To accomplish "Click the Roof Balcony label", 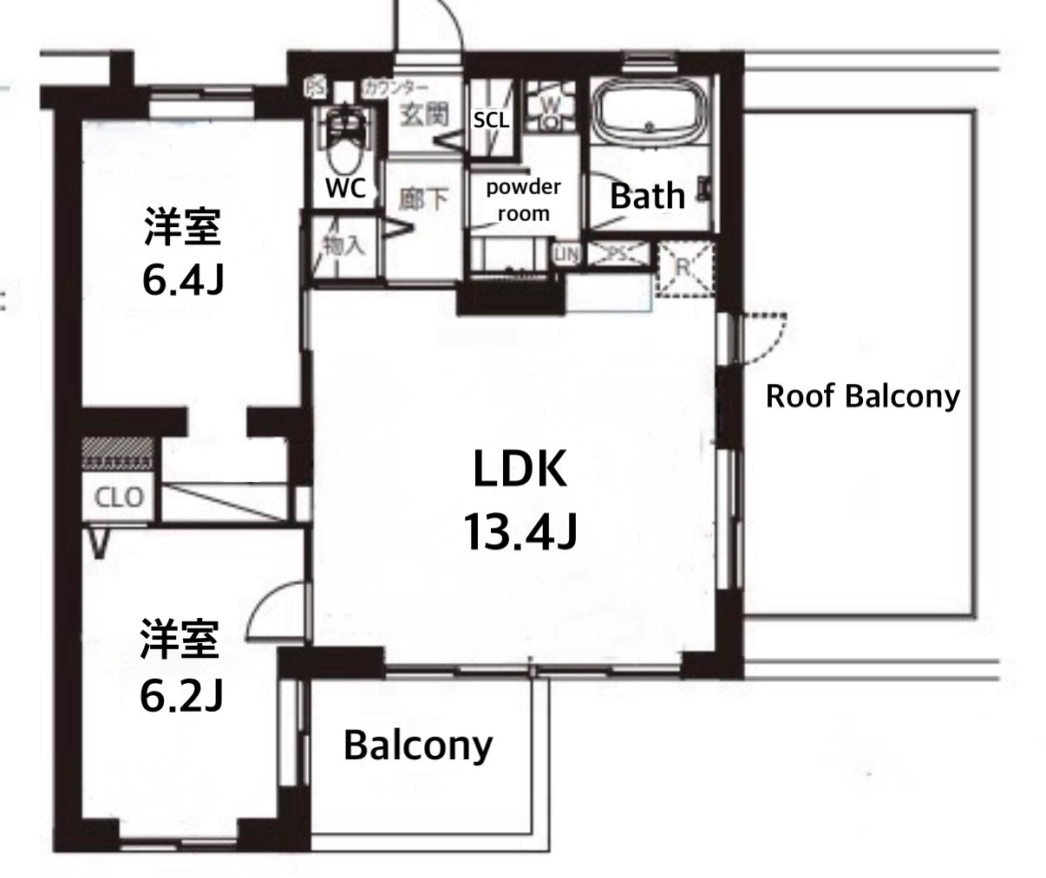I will (863, 397).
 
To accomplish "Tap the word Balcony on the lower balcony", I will (417, 745).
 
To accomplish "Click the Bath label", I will (647, 196).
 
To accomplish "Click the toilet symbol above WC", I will (346, 139).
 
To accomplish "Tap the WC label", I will (345, 188).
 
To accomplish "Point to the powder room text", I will (523, 199).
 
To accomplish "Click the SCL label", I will (492, 120).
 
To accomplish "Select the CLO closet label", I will (119, 498).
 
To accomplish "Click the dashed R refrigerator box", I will (683, 268).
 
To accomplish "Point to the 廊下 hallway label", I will (424, 199).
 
